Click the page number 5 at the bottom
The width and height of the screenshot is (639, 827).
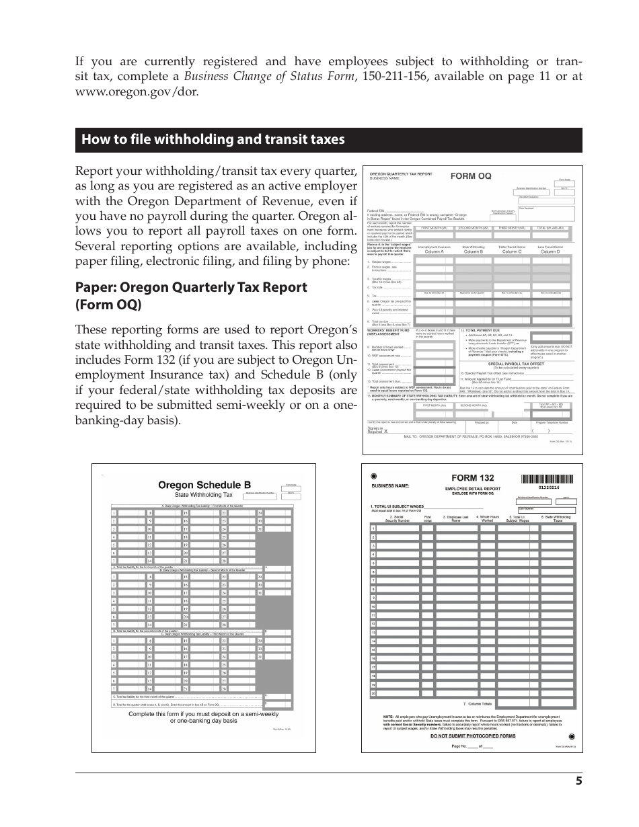[578, 781]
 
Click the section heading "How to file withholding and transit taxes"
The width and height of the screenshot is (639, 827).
[213, 140]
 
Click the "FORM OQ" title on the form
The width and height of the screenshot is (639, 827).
[471, 176]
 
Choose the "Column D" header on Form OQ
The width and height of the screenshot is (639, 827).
[550, 251]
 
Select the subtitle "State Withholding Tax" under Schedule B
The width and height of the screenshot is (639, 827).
[203, 494]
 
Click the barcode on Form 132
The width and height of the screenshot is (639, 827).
[548, 479]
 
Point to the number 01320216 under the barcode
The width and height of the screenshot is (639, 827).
[548, 487]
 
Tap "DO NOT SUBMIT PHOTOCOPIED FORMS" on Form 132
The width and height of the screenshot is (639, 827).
[472, 736]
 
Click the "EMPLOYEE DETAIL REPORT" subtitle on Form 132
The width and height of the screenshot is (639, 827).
[472, 489]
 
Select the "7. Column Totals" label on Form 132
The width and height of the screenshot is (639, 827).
[478, 704]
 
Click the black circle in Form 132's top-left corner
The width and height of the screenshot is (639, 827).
[373, 475]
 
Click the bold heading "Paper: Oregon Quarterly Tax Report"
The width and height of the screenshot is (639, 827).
[191, 287]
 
